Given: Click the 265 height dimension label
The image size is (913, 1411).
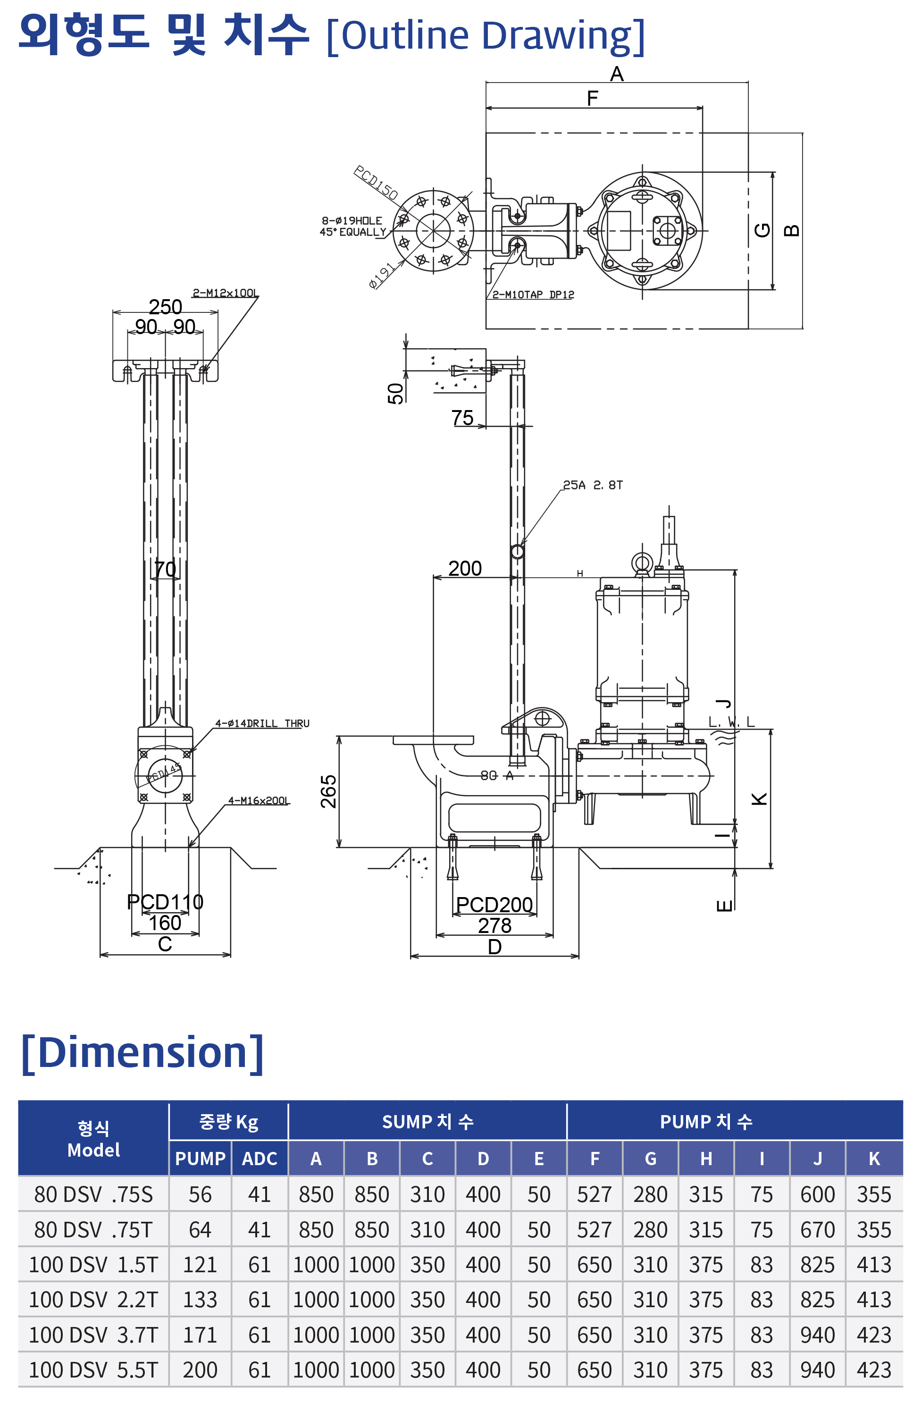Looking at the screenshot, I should (x=328, y=791).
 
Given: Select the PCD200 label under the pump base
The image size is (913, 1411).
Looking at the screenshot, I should (x=494, y=905).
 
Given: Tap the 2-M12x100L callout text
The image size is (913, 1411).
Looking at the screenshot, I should (x=225, y=293).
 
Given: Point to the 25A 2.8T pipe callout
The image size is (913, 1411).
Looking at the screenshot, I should (x=592, y=485).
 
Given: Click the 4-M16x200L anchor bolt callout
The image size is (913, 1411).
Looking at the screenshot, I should (x=259, y=800).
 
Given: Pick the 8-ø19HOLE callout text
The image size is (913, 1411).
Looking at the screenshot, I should (x=352, y=220).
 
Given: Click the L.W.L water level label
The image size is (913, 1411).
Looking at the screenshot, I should (x=732, y=722).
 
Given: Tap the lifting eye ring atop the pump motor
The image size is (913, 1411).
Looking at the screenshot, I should (x=642, y=562).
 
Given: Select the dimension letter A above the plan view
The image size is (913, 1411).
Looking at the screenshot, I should (x=617, y=74).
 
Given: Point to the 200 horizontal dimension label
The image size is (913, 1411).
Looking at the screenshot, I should (x=465, y=569).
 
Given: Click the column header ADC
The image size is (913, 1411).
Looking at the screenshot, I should (x=259, y=1159).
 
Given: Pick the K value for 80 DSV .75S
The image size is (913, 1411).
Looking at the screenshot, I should (x=873, y=1194).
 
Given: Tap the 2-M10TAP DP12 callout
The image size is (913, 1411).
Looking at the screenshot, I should (x=533, y=294).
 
